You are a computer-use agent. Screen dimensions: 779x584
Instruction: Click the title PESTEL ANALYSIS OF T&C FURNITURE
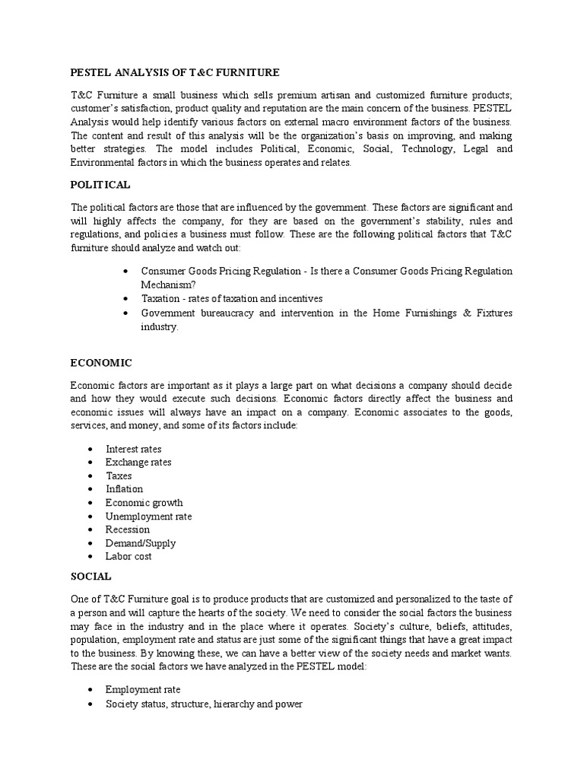175,72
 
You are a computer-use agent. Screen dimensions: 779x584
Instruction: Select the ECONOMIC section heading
102,363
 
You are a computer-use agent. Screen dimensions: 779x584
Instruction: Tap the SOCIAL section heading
90,577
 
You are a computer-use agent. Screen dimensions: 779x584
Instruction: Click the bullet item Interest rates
134,449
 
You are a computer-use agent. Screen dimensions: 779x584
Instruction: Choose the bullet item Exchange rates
138,463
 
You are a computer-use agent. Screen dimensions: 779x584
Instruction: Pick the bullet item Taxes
119,475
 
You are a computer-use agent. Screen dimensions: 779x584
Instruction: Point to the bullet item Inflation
124,489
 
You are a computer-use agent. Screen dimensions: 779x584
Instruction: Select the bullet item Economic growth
144,503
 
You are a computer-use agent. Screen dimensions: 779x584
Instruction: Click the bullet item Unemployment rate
149,517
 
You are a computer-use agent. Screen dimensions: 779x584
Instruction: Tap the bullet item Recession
128,529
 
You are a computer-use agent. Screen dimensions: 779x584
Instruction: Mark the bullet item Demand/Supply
141,543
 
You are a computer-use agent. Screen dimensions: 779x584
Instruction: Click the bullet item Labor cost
129,556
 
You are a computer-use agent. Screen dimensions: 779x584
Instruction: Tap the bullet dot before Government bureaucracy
125,313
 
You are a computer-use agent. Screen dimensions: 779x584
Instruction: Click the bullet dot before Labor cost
90,557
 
